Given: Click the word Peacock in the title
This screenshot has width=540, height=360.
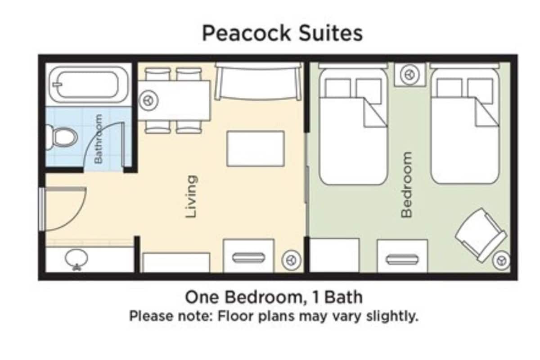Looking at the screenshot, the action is pyautogui.click(x=246, y=33).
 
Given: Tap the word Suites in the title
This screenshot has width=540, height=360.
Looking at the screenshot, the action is pyautogui.click(x=331, y=33).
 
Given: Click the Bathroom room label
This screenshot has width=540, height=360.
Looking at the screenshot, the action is pyautogui.click(x=99, y=139).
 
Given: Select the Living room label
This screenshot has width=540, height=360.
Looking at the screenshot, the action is pyautogui.click(x=192, y=197).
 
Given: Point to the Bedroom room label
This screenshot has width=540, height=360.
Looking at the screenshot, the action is pyautogui.click(x=406, y=184).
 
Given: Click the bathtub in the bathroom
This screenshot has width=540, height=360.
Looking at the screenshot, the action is pyautogui.click(x=89, y=85).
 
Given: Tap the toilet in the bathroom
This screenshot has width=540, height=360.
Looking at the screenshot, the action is pyautogui.click(x=62, y=137).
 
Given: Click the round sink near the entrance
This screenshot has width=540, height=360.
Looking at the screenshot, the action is pyautogui.click(x=76, y=259).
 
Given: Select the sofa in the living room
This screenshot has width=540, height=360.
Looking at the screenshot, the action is pyautogui.click(x=258, y=81).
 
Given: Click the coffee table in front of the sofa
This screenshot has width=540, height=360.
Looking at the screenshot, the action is pyautogui.click(x=256, y=149).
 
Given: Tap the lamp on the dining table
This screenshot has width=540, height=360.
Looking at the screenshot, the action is pyautogui.click(x=149, y=100).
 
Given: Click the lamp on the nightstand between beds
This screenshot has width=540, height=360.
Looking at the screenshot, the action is pyautogui.click(x=409, y=75).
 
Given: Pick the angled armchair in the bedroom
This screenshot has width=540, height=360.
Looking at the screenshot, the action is pyautogui.click(x=481, y=235).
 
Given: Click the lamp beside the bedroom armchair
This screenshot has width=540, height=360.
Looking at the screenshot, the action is pyautogui.click(x=502, y=261).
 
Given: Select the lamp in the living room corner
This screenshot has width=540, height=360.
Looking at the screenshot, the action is pyautogui.click(x=292, y=260).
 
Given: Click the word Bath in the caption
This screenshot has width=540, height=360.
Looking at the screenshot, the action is pyautogui.click(x=343, y=297).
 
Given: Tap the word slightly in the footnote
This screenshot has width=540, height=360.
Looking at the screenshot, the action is pyautogui.click(x=392, y=316).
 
